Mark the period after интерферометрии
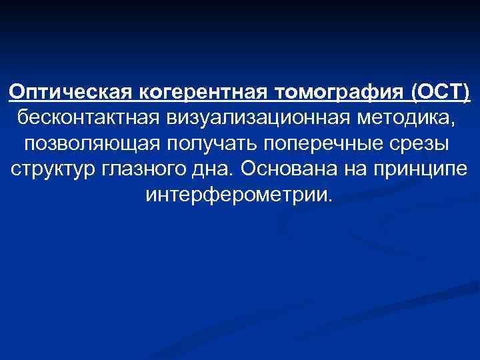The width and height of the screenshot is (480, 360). click(328, 201)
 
